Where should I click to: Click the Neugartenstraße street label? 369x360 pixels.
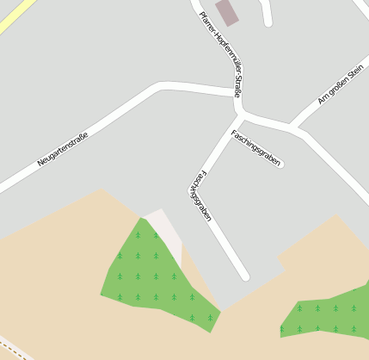63,149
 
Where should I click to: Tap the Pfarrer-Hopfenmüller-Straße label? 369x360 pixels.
220,53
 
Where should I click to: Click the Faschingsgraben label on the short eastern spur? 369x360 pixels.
256,147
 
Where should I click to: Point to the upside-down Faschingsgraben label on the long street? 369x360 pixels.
199,195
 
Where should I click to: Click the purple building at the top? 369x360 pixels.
227,12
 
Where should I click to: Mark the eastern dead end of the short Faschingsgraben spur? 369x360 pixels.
280,163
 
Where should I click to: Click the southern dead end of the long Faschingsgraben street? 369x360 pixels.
245,276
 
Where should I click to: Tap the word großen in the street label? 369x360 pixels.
336,87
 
